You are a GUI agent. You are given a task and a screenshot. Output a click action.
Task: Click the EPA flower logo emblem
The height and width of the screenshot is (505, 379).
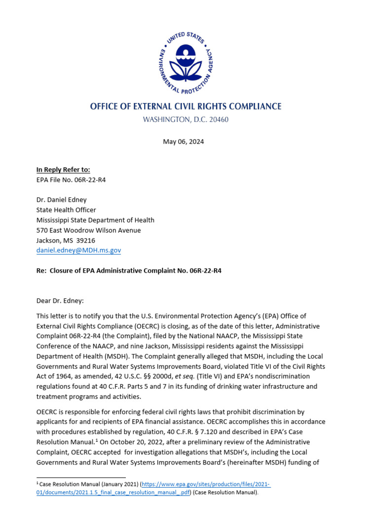point(186,63)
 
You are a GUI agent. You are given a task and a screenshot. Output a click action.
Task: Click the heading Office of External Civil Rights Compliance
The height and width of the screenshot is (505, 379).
point(186,107)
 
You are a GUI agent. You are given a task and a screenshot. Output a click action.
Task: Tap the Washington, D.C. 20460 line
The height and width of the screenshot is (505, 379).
point(186,119)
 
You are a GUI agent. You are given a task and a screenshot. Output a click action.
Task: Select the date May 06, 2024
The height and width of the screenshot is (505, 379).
point(183,142)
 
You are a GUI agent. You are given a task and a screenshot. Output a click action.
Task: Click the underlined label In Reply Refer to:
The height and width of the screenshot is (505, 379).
point(63,170)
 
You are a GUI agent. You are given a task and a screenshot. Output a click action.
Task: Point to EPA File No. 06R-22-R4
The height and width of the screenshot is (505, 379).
point(71,180)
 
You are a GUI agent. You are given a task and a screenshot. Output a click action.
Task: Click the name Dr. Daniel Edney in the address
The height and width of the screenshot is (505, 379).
point(62,200)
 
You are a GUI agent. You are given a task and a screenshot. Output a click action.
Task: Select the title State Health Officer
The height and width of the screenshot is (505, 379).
point(66,210)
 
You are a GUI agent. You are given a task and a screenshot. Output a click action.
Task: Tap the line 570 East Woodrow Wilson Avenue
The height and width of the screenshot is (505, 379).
point(88,230)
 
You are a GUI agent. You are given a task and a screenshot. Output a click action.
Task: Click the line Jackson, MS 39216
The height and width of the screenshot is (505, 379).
point(66,240)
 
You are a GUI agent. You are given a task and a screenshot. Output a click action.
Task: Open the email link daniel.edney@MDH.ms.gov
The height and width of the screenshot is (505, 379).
point(78,251)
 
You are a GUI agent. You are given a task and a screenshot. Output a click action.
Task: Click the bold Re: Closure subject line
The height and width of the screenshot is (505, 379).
point(128,271)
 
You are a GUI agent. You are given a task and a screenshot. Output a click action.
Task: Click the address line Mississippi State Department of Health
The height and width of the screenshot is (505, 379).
point(95,220)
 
